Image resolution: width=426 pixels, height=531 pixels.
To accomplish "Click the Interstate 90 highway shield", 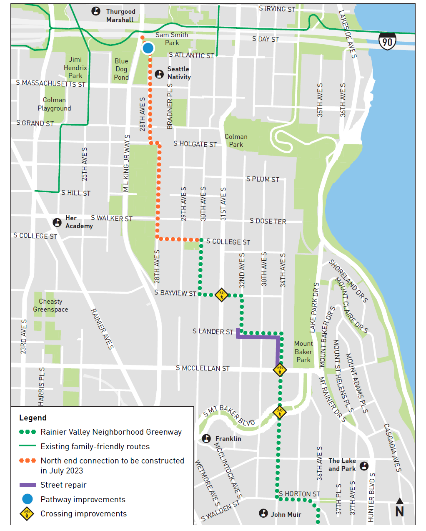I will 387,41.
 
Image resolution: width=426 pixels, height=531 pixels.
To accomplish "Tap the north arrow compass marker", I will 399,507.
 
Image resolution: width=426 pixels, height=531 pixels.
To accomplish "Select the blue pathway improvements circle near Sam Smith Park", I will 148,48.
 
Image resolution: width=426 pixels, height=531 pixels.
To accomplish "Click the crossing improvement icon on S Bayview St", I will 222,294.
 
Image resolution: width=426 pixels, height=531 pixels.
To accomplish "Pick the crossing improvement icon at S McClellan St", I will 280,370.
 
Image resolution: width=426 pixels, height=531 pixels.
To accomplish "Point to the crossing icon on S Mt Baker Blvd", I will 279,412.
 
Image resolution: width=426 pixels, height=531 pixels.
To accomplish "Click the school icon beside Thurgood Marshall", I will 96,12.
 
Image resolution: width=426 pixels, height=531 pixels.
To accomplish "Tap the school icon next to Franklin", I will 206,438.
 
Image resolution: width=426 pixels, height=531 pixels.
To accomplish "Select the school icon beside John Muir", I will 263,513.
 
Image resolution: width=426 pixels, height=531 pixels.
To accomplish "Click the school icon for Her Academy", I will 57,222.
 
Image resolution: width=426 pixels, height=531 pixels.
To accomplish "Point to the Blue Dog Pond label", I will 121,69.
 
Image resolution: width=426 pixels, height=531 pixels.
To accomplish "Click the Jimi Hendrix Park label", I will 75,68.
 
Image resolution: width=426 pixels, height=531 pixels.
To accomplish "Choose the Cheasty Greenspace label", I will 50,305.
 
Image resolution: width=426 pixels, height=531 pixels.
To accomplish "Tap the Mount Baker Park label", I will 303,352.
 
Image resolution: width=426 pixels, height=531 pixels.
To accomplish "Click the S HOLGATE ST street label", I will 195,144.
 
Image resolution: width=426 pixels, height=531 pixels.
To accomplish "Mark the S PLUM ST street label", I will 263,179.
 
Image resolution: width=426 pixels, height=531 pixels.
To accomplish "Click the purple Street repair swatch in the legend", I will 28,485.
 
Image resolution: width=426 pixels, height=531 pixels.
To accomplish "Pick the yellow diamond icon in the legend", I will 27,514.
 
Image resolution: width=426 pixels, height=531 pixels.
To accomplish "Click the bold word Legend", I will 33,418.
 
